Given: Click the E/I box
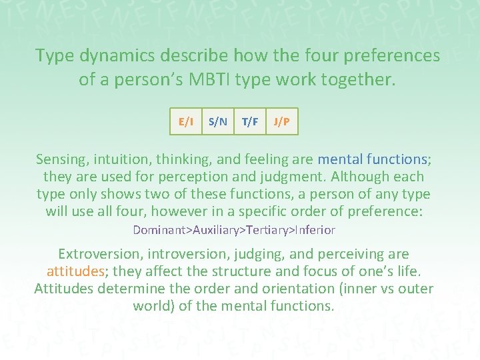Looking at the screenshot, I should click(x=186, y=121).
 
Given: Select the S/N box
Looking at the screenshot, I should click(x=218, y=121).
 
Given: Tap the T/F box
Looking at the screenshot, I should click(x=250, y=121).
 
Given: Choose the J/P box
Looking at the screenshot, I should click(x=281, y=121).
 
